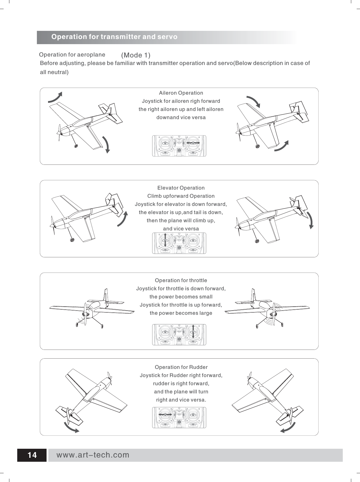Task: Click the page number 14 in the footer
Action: click(32, 455)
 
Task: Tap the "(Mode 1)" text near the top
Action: click(136, 55)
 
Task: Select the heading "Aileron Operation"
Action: click(181, 93)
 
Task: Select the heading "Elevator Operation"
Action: click(181, 188)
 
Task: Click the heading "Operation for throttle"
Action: click(181, 280)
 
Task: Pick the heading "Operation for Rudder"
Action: click(181, 367)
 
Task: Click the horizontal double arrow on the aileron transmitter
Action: click(193, 143)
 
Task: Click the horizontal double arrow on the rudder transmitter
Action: click(165, 415)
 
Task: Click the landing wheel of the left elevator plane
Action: click(72, 240)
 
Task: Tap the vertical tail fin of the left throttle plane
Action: click(106, 295)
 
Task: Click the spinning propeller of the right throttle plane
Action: click(273, 314)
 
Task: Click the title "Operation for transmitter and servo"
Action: click(114, 37)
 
